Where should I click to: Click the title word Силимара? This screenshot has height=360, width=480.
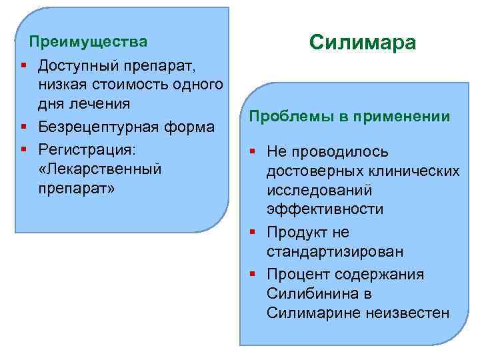tap(363, 43)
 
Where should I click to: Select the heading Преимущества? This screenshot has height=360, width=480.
tap(88, 43)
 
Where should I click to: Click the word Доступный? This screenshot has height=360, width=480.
tap(79, 65)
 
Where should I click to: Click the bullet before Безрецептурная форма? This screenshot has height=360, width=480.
tap(23, 127)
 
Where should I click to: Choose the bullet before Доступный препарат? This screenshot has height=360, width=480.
tap(23, 65)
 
